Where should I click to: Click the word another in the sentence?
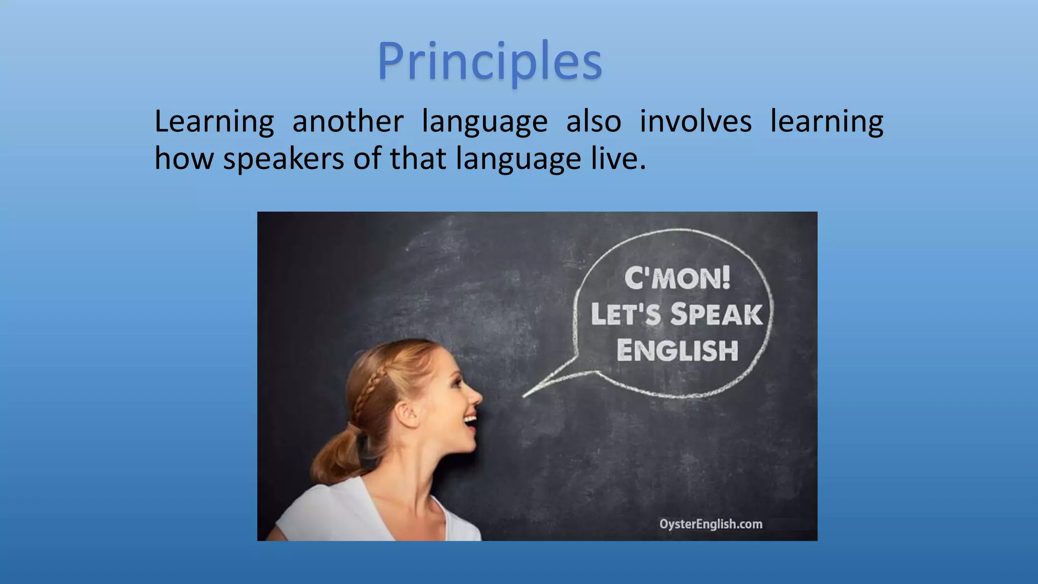pyautogui.click(x=348, y=122)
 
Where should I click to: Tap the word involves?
pyautogui.click(x=695, y=122)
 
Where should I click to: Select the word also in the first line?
pyautogui.click(x=594, y=122)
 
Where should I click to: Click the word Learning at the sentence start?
pyautogui.click(x=214, y=123)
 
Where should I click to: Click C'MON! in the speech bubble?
pyautogui.click(x=677, y=278)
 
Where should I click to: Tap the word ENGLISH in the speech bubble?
pyautogui.click(x=677, y=351)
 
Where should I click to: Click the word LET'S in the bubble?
pyautogui.click(x=625, y=315)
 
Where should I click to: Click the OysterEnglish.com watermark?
pyautogui.click(x=711, y=524)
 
